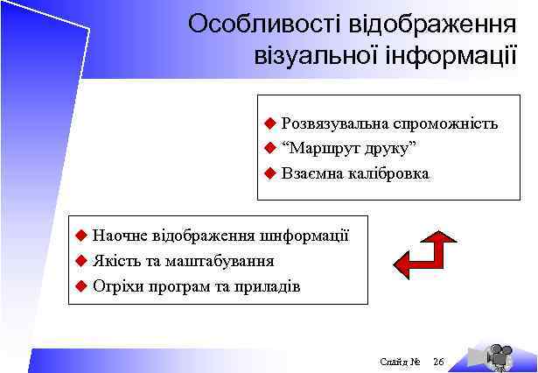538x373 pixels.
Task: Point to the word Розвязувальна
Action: coord(335,123)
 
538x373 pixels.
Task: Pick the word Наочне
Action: coord(120,235)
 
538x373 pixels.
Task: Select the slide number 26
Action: coord(439,362)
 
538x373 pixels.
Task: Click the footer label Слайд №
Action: coord(402,362)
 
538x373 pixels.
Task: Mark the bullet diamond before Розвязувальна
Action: coord(271,123)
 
